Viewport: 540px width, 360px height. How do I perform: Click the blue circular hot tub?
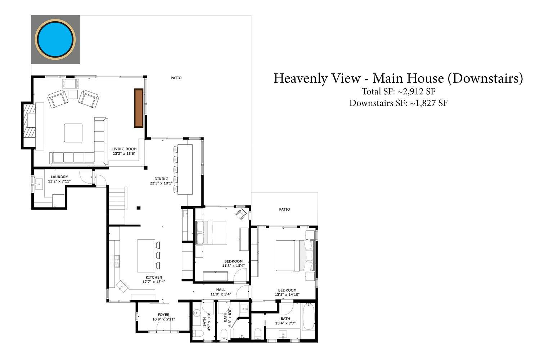55,39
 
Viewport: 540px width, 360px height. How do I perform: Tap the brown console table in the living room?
139,108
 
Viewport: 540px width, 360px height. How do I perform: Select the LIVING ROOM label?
124,149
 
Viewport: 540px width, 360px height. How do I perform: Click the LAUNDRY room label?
59,177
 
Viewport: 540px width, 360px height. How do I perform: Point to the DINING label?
161,179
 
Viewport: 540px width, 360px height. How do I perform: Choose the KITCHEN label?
154,277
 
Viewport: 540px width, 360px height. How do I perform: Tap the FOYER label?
163,315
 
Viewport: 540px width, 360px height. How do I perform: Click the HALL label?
221,289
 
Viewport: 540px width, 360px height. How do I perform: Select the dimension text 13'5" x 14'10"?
287,294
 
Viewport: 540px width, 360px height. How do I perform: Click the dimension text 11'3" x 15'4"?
233,266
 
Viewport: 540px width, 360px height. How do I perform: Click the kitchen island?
146,256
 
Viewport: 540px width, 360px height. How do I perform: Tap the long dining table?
185,170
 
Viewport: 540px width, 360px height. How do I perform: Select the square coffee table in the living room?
73,133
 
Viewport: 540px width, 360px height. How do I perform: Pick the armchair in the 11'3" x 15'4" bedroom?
241,214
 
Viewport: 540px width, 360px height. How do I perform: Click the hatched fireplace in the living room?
29,125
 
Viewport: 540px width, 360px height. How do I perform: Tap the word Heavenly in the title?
317,78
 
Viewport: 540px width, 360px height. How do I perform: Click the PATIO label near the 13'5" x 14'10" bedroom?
284,209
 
